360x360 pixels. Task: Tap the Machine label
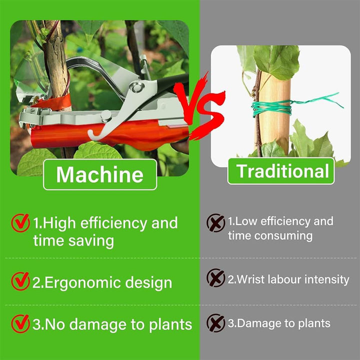(100, 174)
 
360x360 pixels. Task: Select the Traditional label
(281, 171)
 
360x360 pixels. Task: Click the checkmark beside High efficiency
(20, 222)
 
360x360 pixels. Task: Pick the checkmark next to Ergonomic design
(20, 281)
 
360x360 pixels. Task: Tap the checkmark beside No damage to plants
(20, 323)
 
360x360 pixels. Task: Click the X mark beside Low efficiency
(215, 222)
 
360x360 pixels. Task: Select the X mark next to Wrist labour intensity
(215, 278)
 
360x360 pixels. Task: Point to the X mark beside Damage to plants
(215, 323)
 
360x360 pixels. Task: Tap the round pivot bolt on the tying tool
(137, 87)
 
